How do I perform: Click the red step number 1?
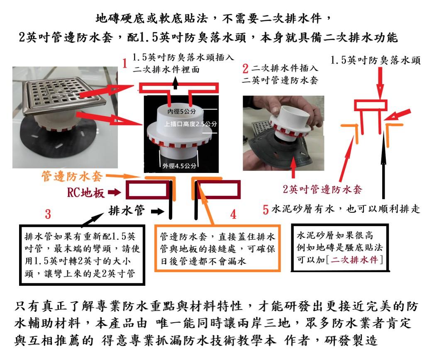125,63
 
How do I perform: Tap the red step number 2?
245,68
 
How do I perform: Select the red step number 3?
48,214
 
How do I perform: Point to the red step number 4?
233,214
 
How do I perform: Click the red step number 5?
266,209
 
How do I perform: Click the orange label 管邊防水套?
72,176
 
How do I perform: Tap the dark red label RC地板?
86,192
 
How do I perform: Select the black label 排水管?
127,211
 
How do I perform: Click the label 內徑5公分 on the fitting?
182,112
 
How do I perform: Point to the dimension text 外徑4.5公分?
179,166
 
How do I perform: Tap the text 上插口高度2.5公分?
190,124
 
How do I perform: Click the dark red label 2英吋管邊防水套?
322,189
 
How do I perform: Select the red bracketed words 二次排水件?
354,260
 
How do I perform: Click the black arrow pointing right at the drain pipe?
158,212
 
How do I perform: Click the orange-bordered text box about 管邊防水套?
217,248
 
